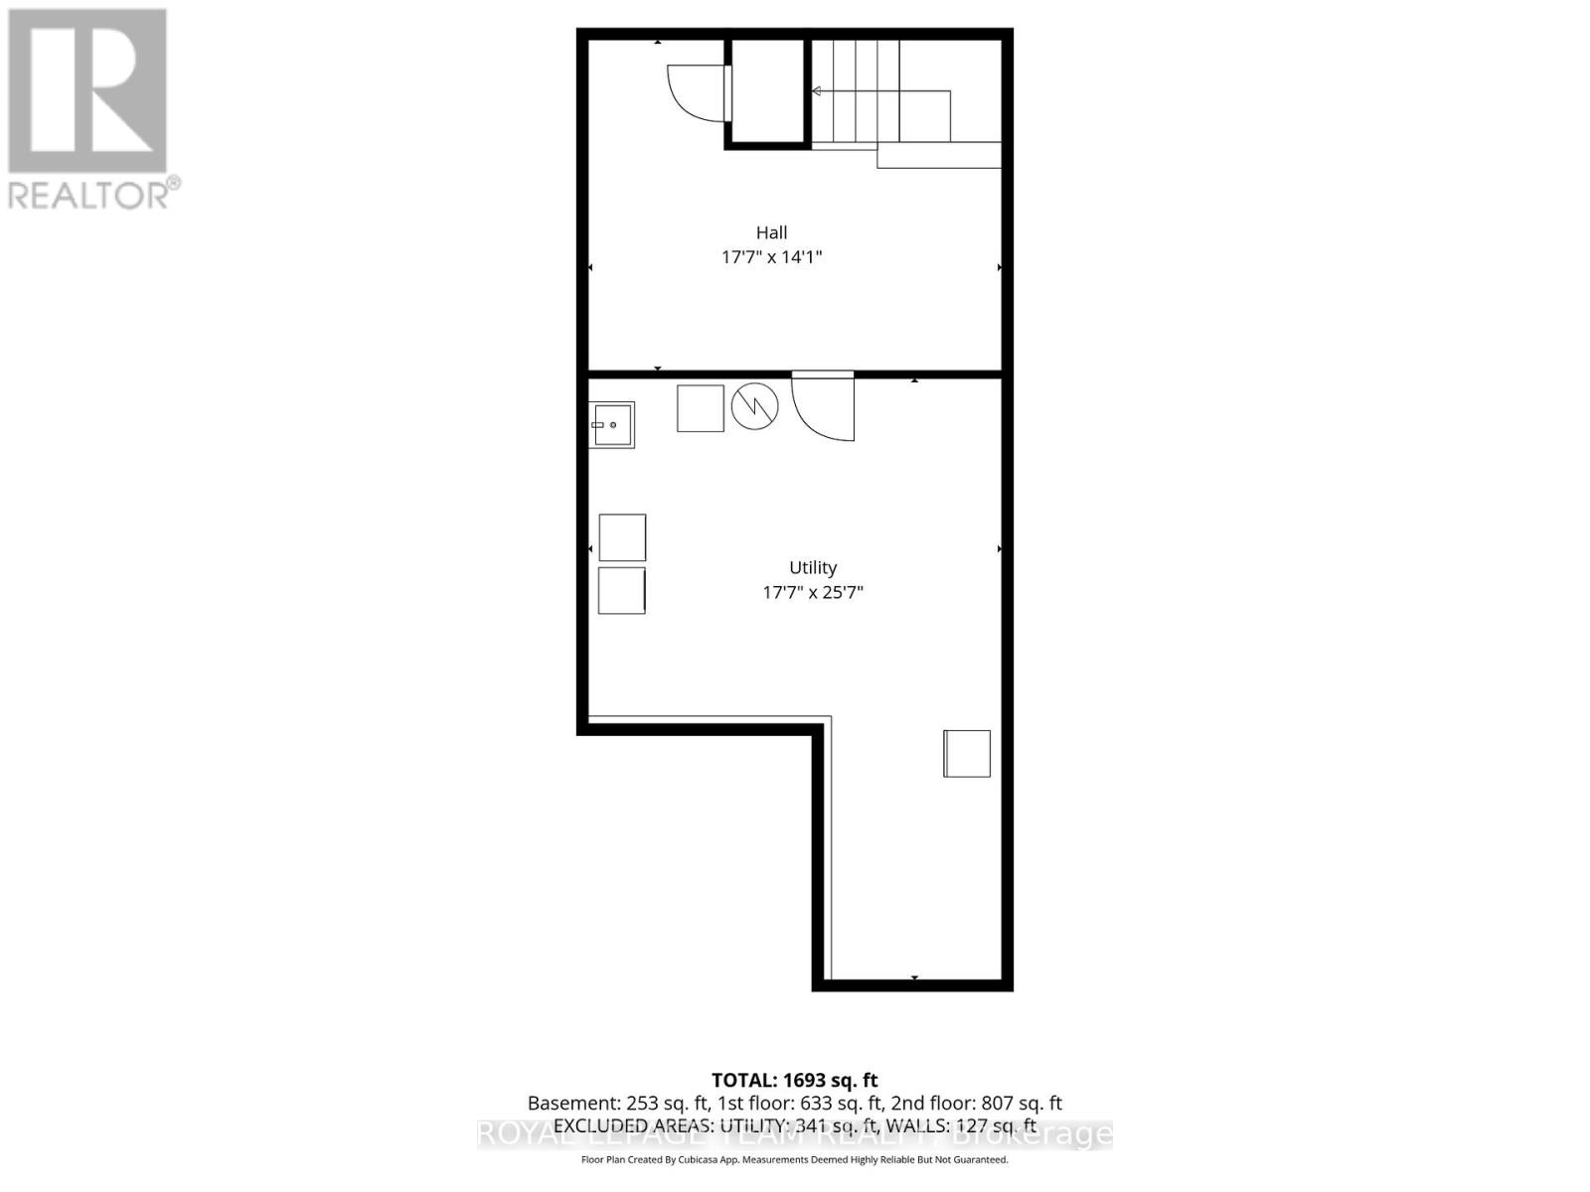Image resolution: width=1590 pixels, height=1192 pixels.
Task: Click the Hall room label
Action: coord(771,232)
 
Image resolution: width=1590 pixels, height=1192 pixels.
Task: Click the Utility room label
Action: coord(813,567)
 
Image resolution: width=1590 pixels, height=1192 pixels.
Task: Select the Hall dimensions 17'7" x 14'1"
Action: coord(771,257)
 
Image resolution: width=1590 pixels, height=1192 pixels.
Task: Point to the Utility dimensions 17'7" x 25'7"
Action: coord(813,593)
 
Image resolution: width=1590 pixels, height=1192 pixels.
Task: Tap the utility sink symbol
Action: coord(611,425)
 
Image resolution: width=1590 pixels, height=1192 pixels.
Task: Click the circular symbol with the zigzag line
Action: coord(755,406)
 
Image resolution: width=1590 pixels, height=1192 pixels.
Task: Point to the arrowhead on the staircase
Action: coord(816,91)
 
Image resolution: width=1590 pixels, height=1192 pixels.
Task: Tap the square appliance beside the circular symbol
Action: coord(701,407)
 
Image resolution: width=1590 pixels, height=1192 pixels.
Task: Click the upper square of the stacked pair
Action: coord(622,537)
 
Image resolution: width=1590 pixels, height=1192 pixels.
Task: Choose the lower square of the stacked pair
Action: coord(622,590)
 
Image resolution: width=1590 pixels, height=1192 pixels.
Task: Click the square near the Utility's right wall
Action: coord(967,753)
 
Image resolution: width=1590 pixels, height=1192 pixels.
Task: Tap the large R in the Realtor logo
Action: coord(87,91)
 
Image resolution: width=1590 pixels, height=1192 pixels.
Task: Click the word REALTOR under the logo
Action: coord(89,194)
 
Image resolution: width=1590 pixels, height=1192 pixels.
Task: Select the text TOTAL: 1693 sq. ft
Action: coord(795,1080)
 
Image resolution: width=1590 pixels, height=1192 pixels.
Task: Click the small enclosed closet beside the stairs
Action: coord(768,91)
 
